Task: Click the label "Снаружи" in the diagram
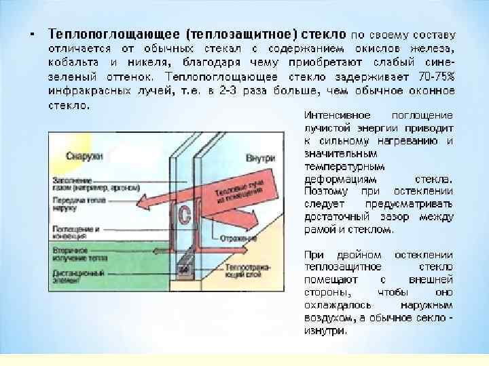coord(84,157)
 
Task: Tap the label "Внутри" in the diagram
coord(261,157)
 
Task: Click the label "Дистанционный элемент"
coord(76,277)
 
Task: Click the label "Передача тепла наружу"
coord(78,205)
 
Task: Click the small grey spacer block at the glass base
coord(183,269)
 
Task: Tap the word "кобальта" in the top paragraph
coord(73,62)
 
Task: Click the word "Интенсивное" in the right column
coord(333,117)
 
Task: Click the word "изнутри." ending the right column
coord(325,331)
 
